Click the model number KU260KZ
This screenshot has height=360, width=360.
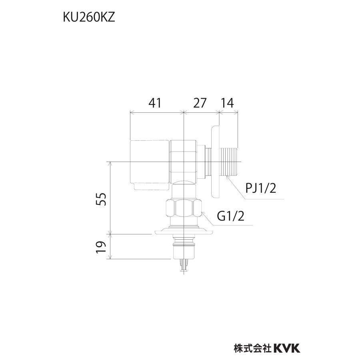pos(88,18)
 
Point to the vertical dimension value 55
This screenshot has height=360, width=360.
pos(102,199)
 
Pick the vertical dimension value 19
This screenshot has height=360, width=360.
pos(102,247)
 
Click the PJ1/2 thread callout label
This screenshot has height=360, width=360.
pos(260,188)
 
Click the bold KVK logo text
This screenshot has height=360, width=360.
pos(287,348)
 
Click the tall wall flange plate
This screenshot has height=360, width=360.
pos(215,162)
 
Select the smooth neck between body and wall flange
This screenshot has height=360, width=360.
pos(207,162)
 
